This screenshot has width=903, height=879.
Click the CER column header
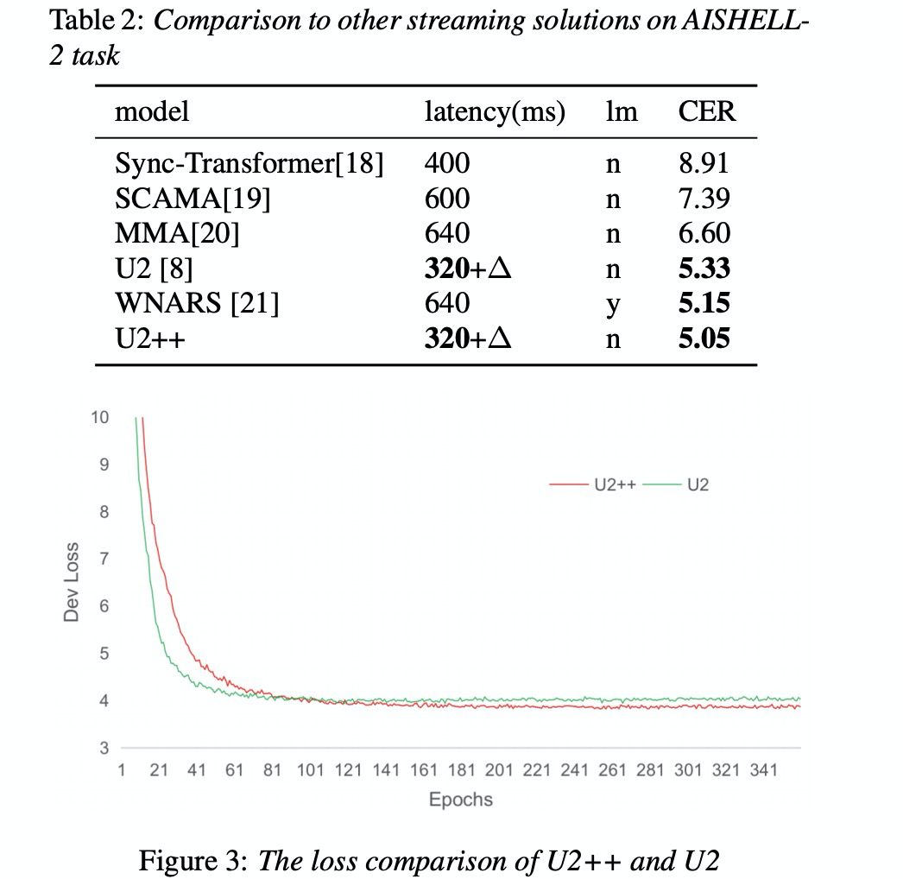coord(707,112)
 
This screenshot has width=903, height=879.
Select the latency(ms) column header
coord(495,112)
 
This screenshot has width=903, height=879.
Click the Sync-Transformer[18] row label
coord(249,164)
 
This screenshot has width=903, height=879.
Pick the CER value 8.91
coord(704,164)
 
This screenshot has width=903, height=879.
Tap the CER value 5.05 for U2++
coord(704,338)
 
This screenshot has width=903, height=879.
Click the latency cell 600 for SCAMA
coord(447,199)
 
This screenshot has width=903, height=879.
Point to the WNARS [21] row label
coord(196,303)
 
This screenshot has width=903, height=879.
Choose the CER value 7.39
coord(704,199)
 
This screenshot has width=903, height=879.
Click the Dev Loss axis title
coord(72,581)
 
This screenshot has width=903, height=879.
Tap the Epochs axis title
coord(461,799)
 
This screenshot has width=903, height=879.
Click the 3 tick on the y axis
coord(104,748)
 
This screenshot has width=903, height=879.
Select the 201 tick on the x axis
coord(499,770)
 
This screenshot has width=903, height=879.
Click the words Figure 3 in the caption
coord(193,860)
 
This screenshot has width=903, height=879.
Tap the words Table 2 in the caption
coord(97,22)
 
